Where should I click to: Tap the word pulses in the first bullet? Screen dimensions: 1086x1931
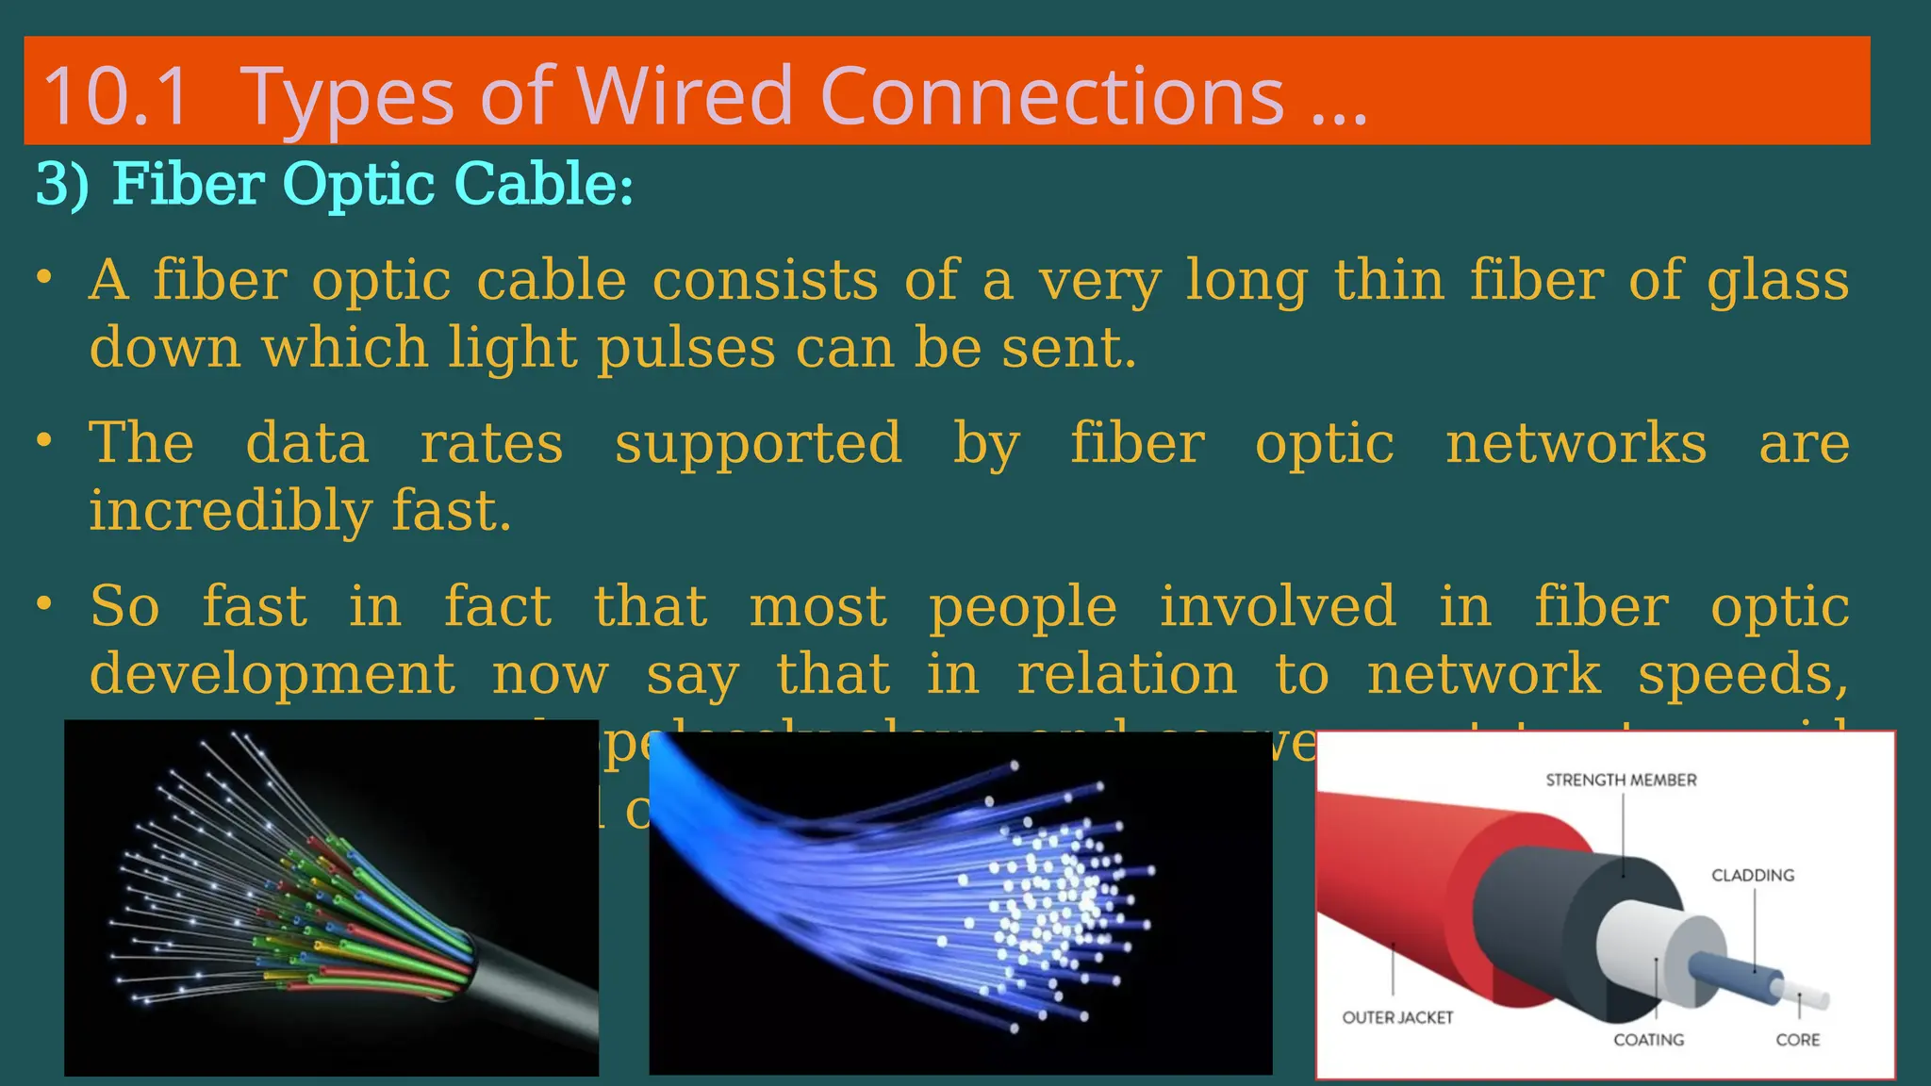(685, 348)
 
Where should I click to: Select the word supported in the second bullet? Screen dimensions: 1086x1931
(758, 443)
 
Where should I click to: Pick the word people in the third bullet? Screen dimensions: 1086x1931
(1023, 606)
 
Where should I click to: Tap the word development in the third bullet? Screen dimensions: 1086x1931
(272, 674)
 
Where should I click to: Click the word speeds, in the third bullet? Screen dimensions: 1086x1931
(1742, 674)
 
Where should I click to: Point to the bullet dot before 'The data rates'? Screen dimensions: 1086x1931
(43, 440)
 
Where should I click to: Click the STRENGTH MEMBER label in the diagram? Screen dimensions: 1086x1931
(1620, 781)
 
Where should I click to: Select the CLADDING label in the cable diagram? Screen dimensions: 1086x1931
(1752, 876)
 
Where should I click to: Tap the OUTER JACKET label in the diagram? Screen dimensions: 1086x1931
(1396, 1018)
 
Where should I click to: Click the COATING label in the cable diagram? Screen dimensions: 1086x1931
(1647, 1040)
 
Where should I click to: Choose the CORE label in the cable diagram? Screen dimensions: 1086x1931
(1797, 1040)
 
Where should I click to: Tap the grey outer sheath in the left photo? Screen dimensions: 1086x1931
(547, 999)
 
